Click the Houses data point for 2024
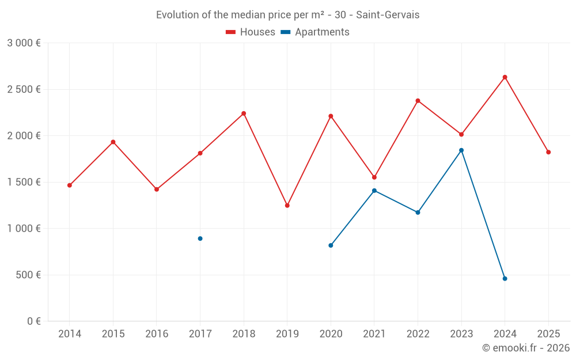pyautogui.click(x=505, y=77)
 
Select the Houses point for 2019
pyautogui.click(x=287, y=206)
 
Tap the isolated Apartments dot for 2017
pyautogui.click(x=200, y=238)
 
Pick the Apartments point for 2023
pyautogui.click(x=461, y=150)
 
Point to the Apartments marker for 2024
pyautogui.click(x=505, y=279)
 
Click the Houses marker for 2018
pyautogui.click(x=244, y=113)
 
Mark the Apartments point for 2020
pyautogui.click(x=331, y=245)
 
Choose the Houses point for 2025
pyautogui.click(x=548, y=152)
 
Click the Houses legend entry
pyautogui.click(x=251, y=32)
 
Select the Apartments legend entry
pyautogui.click(x=315, y=32)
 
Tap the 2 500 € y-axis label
pyautogui.click(x=24, y=89)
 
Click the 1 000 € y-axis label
pyautogui.click(x=24, y=229)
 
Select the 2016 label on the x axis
pyautogui.click(x=157, y=334)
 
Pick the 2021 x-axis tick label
pyautogui.click(x=374, y=334)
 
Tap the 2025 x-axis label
pyautogui.click(x=548, y=334)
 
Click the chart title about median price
pyautogui.click(x=288, y=15)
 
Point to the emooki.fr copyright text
pyautogui.click(x=526, y=348)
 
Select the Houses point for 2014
pyautogui.click(x=70, y=185)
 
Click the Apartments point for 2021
pyautogui.click(x=374, y=191)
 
